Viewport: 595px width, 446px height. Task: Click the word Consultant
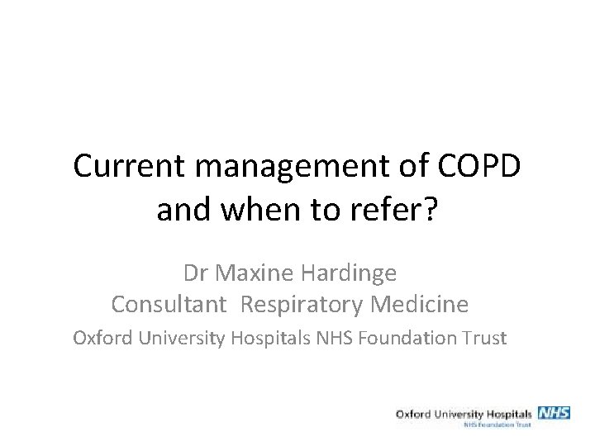(169, 305)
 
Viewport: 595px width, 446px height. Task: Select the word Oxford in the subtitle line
(102, 338)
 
